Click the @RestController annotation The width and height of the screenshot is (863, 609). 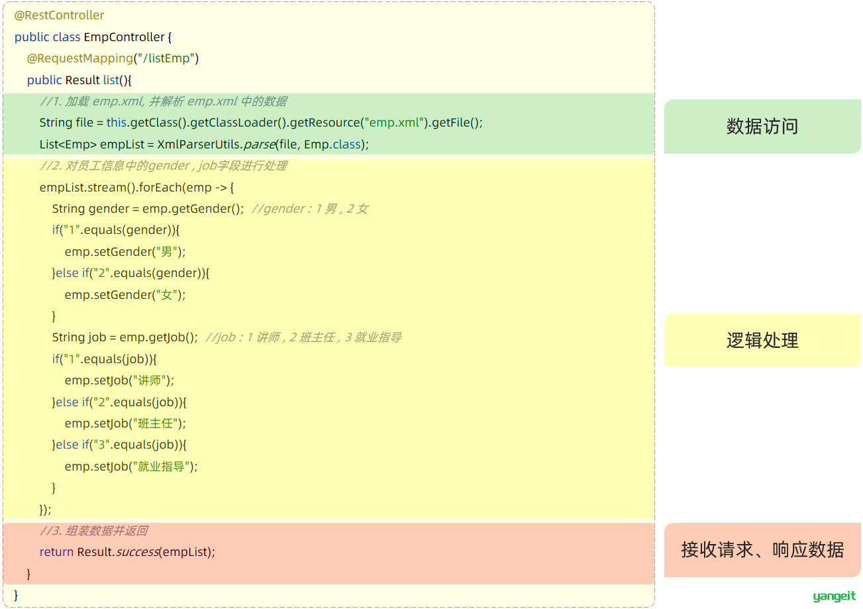tap(59, 15)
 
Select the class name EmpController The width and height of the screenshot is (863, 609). tap(124, 37)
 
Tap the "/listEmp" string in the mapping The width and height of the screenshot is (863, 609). tap(166, 58)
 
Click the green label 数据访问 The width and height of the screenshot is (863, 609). tap(762, 127)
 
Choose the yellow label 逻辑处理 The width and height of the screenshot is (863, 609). tap(762, 341)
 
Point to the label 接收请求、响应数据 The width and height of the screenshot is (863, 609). tap(762, 549)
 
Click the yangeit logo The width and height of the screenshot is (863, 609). tap(834, 596)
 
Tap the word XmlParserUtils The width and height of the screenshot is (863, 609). tap(199, 144)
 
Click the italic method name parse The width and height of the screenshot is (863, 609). tap(259, 144)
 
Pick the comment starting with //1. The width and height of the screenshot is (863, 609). tap(164, 101)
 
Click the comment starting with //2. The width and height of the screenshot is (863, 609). tap(164, 166)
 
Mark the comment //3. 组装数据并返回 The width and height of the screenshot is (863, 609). tap(93, 531)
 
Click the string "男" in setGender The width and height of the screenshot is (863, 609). tap(166, 252)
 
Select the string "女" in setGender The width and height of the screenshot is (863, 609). tap(166, 295)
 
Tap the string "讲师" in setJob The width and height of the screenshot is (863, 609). tap(149, 380)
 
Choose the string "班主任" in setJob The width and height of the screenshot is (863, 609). tap(155, 423)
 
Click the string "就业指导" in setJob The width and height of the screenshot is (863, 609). tap(161, 467)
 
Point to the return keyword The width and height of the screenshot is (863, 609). tap(56, 552)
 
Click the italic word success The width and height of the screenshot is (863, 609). tap(137, 552)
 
